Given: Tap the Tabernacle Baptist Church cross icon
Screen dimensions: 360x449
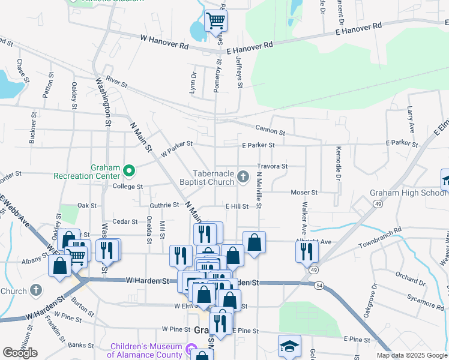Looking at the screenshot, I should pyautogui.click(x=243, y=176).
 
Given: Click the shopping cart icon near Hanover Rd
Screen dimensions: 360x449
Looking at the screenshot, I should pyautogui.click(x=215, y=21).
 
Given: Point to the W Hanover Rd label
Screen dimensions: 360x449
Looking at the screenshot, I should pyautogui.click(x=164, y=41).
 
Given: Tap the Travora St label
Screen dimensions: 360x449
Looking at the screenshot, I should pyautogui.click(x=273, y=166).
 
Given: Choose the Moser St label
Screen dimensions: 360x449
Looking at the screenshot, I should pyautogui.click(x=304, y=193).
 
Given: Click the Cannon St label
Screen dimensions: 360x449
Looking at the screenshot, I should pyautogui.click(x=269, y=129).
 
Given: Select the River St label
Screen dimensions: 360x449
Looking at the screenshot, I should pyautogui.click(x=116, y=82).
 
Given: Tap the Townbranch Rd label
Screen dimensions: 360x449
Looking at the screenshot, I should pyautogui.click(x=380, y=239).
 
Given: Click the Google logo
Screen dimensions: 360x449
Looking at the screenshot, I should pyautogui.click(x=20, y=353).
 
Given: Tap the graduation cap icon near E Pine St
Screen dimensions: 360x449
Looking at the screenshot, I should pyautogui.click(x=289, y=346).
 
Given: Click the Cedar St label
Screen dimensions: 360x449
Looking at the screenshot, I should pyautogui.click(x=125, y=221).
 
